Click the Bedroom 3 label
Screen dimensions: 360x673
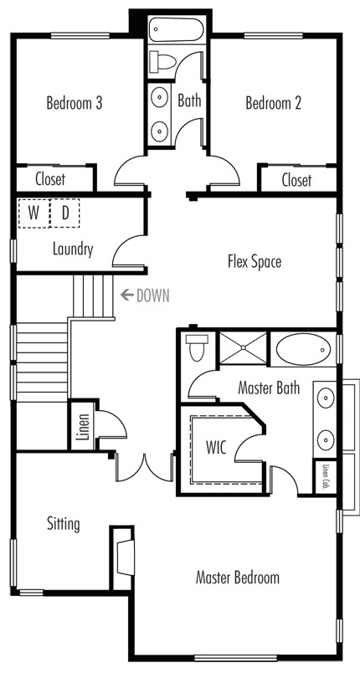(75, 104)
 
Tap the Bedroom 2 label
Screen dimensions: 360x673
(273, 104)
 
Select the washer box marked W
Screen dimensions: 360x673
(33, 213)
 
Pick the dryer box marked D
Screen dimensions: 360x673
(64, 213)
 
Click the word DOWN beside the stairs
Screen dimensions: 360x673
(152, 295)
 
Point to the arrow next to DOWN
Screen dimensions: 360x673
(126, 295)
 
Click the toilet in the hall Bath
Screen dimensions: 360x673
(162, 62)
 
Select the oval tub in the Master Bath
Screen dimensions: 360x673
(303, 349)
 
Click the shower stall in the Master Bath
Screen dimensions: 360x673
(244, 347)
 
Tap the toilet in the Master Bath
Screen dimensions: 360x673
(197, 347)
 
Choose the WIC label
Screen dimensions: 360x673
(216, 447)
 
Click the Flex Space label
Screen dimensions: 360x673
(255, 262)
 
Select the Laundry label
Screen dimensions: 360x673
(73, 249)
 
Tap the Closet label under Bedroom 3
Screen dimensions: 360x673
(50, 179)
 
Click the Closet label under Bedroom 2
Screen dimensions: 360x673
(297, 180)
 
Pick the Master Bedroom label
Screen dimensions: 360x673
(237, 578)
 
